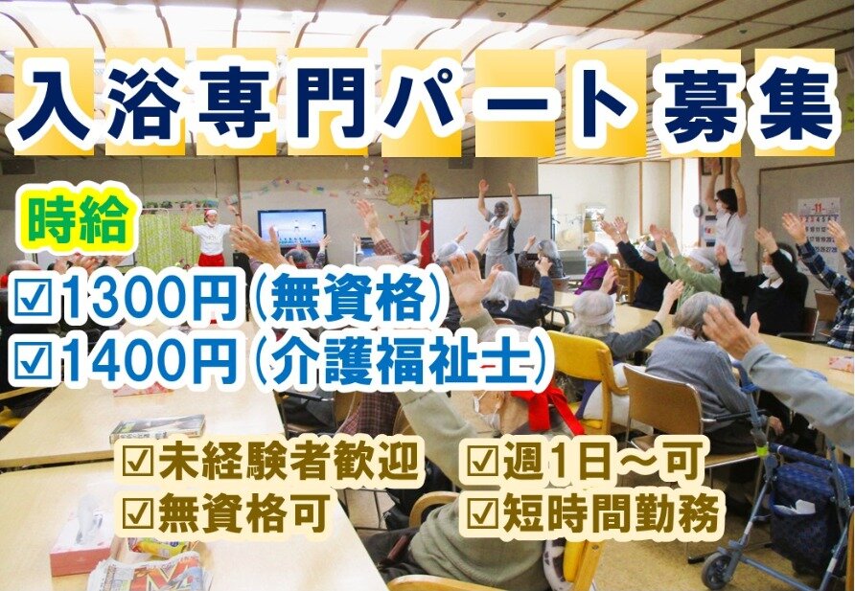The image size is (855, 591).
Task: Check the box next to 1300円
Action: tap(35, 301)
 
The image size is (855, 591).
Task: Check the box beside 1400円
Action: tap(35, 360)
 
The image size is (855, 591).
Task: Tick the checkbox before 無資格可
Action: tap(138, 513)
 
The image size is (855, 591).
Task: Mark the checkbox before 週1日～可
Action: tap(483, 462)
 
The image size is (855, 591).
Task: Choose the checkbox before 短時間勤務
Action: tap(483, 513)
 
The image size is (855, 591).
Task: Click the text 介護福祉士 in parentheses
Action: tap(402, 360)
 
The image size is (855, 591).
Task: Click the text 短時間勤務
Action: tap(612, 513)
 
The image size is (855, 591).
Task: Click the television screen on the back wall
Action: tap(292, 228)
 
